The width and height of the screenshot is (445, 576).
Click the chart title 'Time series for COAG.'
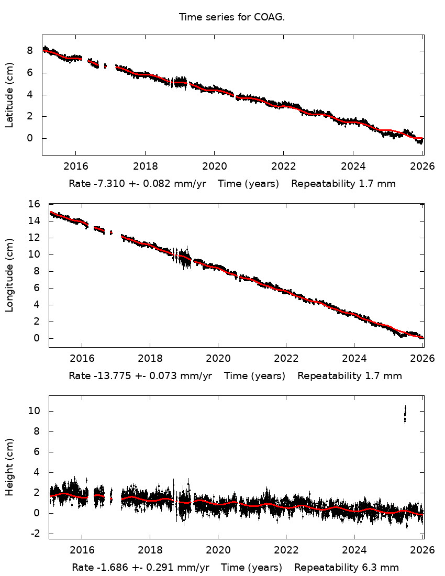[231, 17]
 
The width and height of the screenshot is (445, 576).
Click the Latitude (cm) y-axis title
[9, 95]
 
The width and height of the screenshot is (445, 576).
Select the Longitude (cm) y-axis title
[9, 275]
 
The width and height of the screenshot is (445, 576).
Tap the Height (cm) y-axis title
[9, 467]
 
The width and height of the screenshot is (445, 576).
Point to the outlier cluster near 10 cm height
[405, 414]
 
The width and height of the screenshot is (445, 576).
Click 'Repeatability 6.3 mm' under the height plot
[346, 568]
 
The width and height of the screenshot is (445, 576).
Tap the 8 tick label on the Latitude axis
[30, 51]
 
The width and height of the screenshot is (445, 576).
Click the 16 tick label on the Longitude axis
[37, 204]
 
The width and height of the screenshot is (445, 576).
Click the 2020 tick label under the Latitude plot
[214, 167]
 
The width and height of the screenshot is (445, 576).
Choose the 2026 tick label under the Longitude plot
[422, 359]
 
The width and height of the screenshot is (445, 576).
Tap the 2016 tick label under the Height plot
[82, 550]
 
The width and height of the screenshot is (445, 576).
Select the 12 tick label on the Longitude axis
[37, 238]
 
